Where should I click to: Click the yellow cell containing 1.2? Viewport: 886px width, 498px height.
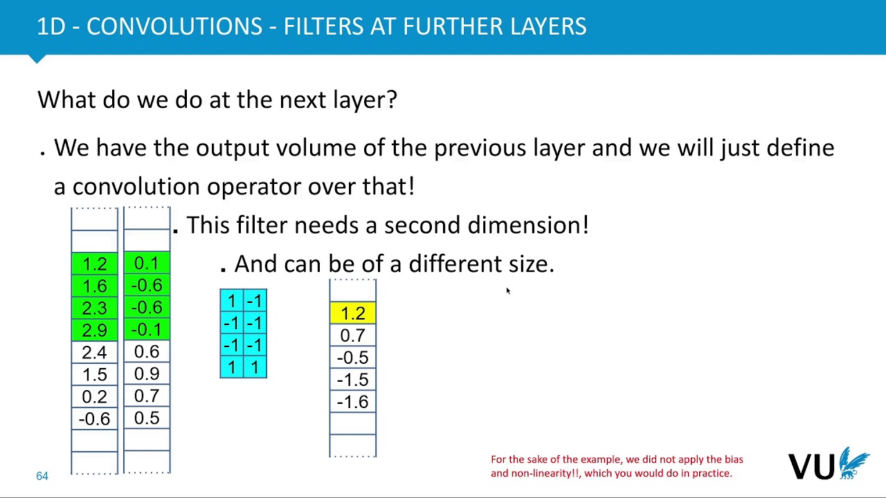click(352, 313)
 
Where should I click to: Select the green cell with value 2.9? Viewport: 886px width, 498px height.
click(94, 330)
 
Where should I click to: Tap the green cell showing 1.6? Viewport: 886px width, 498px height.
click(94, 286)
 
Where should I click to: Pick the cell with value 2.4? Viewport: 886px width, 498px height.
click(94, 352)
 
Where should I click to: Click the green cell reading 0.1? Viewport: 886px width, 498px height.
click(147, 264)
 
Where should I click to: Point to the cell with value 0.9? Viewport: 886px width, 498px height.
click(147, 374)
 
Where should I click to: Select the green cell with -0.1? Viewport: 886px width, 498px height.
click(147, 330)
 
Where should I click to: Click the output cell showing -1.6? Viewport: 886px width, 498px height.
click(352, 402)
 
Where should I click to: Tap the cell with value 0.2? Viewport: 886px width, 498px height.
click(94, 396)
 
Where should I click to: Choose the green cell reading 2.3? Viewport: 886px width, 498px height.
click(94, 308)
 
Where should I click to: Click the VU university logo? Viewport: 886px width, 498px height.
click(829, 465)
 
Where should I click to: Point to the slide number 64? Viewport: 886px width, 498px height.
click(42, 476)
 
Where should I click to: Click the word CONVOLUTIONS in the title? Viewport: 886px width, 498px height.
click(174, 26)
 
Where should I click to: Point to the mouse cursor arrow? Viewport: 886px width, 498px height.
click(507, 291)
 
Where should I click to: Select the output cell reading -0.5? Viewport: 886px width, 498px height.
click(352, 358)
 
